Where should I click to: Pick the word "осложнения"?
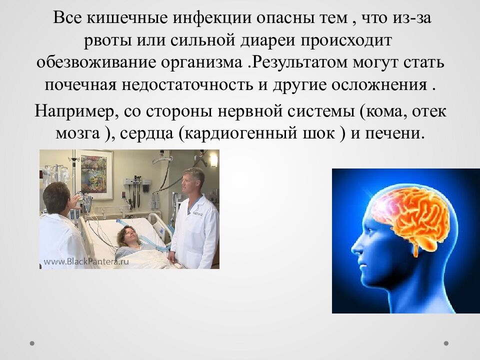379,85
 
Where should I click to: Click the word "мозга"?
78,134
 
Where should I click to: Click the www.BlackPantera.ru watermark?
86,261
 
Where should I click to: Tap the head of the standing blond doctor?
192,179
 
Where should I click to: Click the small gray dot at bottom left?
32,343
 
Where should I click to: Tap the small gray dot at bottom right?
446,343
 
